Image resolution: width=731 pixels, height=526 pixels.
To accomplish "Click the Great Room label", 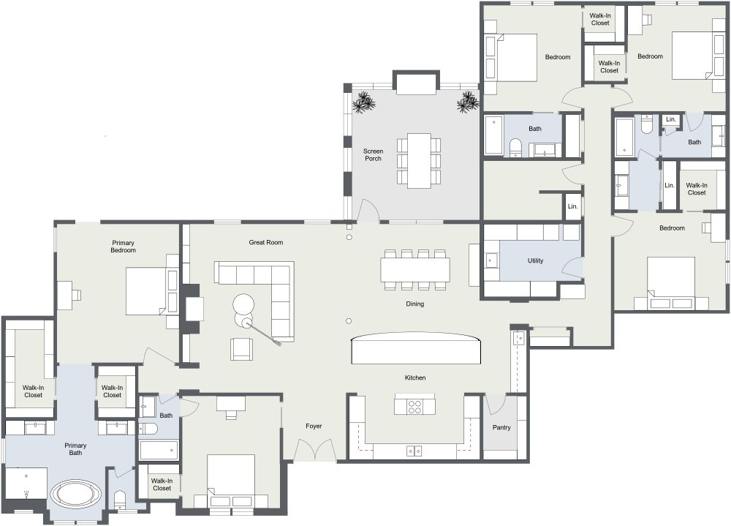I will click(265, 242).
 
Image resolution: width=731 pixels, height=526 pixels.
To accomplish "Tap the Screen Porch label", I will click(373, 156).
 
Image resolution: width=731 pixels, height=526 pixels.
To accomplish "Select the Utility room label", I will click(535, 260).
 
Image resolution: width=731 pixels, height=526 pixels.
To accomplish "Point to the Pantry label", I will click(501, 427).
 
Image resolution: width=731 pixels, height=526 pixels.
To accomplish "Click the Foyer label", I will click(313, 426).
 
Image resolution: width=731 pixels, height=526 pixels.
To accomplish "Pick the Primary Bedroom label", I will click(124, 247).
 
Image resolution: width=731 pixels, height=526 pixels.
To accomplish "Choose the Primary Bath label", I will click(75, 449).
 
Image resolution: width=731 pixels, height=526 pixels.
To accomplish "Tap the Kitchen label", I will click(415, 377).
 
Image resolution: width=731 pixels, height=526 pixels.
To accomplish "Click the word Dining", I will click(415, 304).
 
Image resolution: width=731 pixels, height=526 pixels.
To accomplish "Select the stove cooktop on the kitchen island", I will click(414, 405).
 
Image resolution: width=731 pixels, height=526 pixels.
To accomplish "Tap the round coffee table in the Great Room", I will click(243, 304).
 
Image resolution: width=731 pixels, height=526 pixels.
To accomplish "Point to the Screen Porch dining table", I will click(419, 160).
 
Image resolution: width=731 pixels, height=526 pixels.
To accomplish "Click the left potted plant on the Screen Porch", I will click(363, 103).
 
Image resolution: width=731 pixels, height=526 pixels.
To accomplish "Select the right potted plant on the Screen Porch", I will click(468, 103).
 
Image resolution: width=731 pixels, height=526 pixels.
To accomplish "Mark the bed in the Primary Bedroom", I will click(148, 290).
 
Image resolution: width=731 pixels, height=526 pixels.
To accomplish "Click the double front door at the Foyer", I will click(314, 450).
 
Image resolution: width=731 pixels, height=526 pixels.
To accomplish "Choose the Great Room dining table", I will click(415, 269).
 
